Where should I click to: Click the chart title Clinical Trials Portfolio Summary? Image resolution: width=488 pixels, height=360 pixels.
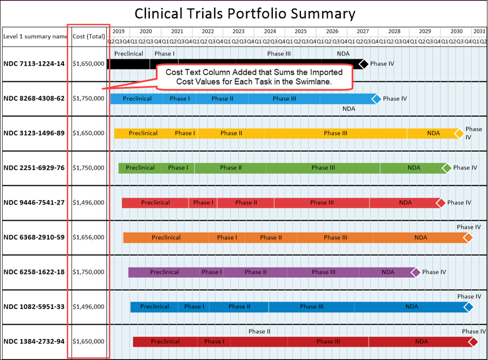[245, 13]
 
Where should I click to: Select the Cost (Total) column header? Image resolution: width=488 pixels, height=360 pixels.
[88, 36]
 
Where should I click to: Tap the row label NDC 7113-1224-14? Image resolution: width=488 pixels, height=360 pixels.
[34, 63]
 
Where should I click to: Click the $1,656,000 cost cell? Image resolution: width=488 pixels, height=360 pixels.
[88, 237]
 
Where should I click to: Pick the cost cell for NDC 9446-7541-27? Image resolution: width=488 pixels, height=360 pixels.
[88, 202]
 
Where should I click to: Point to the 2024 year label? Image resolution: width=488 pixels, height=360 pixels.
[269, 31]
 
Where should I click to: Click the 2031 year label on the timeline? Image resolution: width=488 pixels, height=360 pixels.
[479, 31]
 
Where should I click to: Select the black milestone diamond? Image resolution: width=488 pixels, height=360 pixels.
[363, 64]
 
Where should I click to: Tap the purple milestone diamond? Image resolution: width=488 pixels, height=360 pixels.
[415, 272]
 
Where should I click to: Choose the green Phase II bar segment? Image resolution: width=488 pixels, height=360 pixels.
[228, 168]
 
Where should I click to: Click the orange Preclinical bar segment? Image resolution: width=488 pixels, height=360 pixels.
[166, 237]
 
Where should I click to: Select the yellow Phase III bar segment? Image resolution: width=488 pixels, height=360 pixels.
[336, 133]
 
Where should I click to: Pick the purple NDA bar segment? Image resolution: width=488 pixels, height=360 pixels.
[388, 272]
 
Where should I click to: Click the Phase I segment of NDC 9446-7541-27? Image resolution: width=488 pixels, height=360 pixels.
[202, 203]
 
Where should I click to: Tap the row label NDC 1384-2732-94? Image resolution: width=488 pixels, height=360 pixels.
[34, 342]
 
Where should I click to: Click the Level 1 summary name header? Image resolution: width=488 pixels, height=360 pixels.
[35, 36]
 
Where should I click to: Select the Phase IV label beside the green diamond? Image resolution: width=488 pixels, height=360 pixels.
[465, 168]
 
